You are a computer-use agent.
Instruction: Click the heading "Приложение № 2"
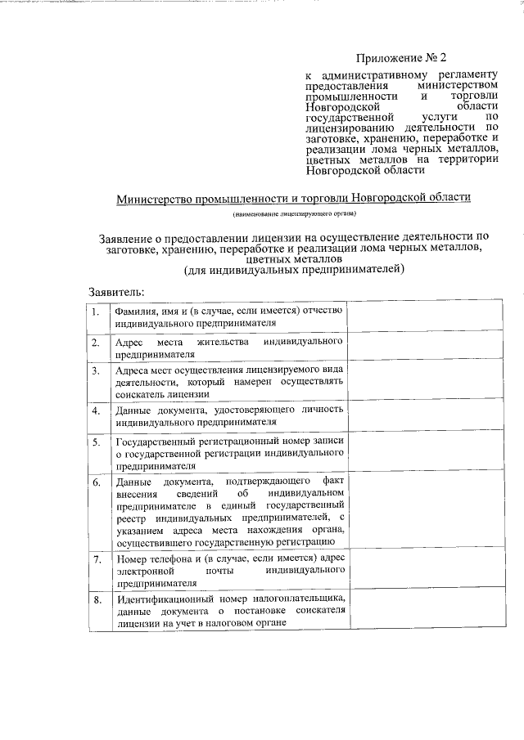(403, 58)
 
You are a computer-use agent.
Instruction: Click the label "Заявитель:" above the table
(117, 291)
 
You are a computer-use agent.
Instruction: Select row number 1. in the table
(96, 312)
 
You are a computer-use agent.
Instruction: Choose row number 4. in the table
(96, 410)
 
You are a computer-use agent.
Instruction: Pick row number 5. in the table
(96, 443)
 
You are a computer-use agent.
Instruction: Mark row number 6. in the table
(96, 482)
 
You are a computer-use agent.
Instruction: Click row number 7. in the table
(96, 560)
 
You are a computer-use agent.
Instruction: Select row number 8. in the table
(96, 600)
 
